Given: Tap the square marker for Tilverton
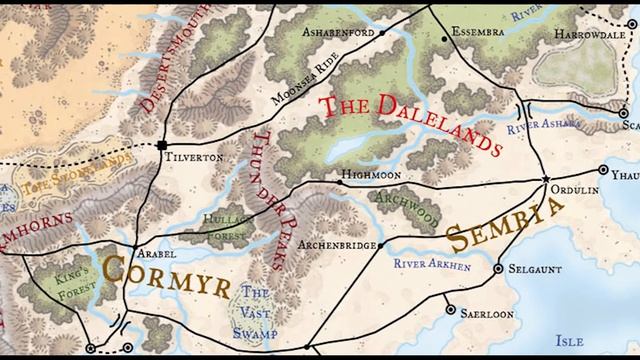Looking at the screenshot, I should click(161, 146).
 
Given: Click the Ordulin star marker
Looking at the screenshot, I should click(546, 179).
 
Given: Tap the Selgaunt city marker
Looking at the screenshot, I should click(498, 268).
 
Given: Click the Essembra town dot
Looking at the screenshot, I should click(445, 39).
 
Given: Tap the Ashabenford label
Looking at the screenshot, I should click(340, 32).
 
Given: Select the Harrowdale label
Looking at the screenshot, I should click(594, 33).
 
